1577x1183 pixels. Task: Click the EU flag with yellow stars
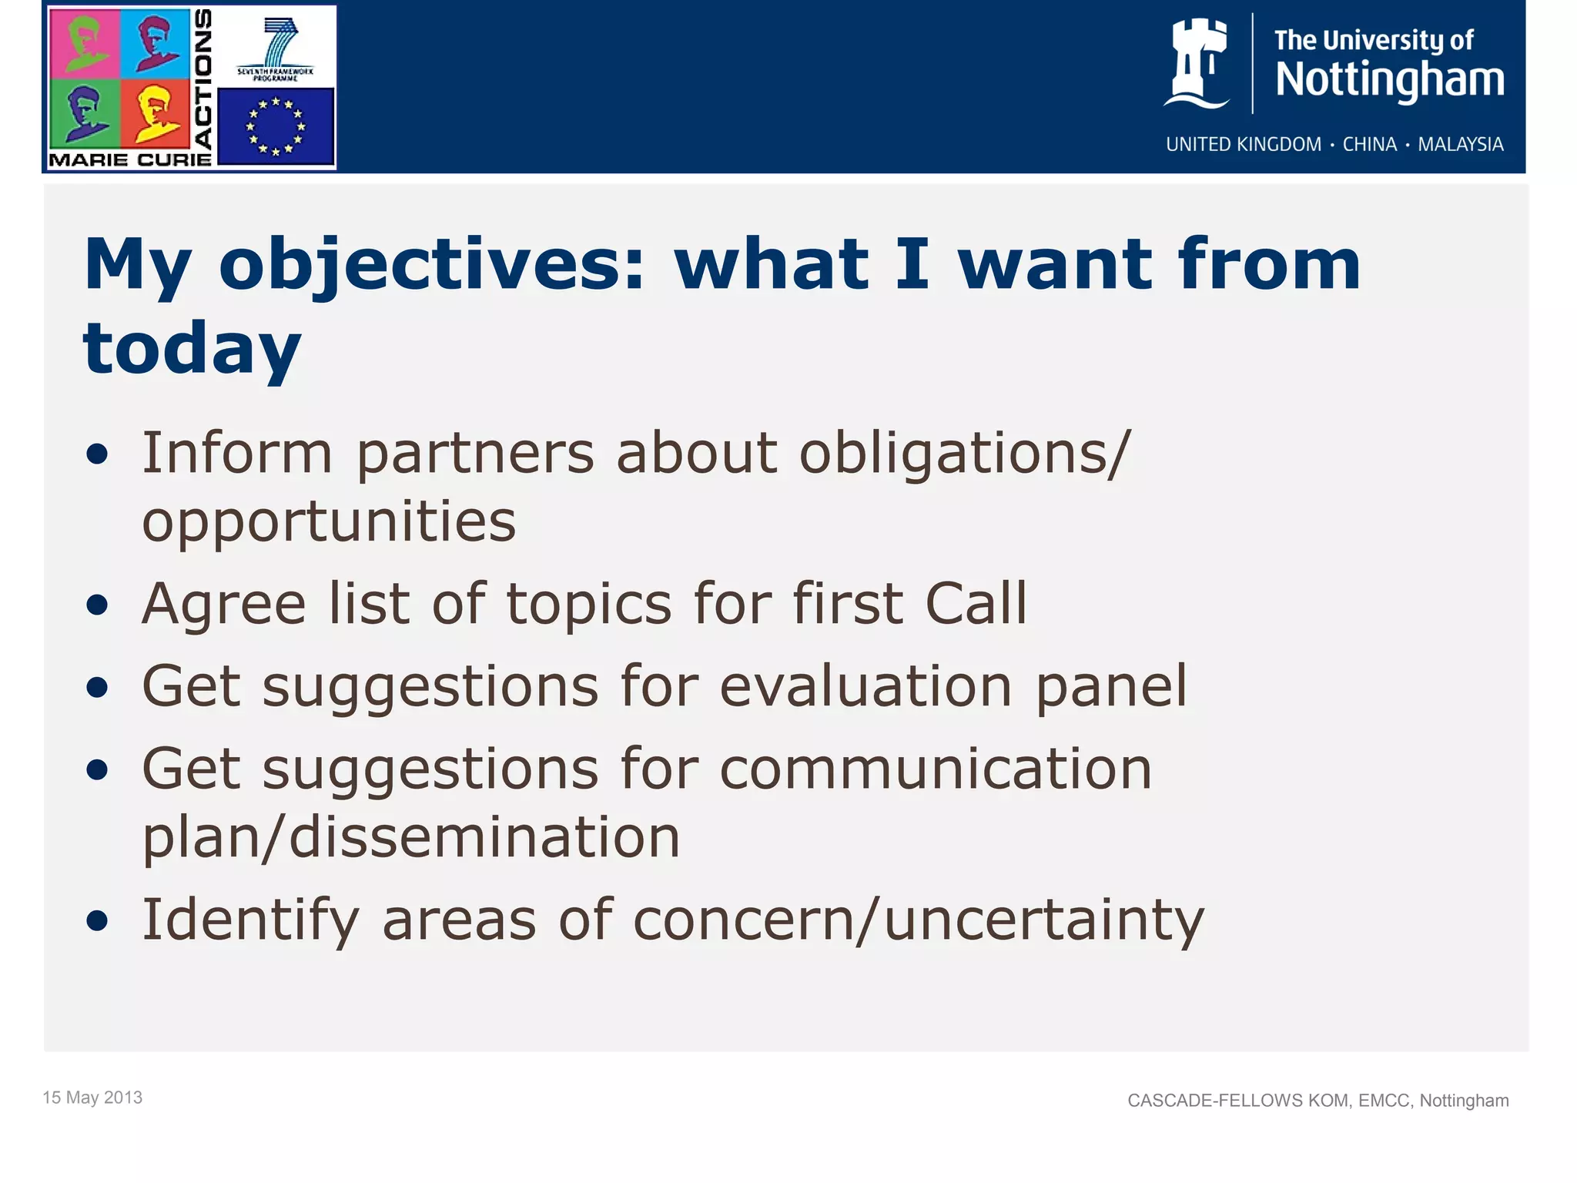coord(276,126)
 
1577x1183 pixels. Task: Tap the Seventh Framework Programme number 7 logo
coord(276,46)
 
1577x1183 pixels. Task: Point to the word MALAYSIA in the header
coord(1460,145)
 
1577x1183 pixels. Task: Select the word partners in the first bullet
coord(475,454)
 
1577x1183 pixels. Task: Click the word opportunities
coord(329,522)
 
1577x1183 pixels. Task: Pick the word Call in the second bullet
coord(976,604)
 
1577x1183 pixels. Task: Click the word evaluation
coord(866,686)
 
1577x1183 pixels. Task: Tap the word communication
coord(935,769)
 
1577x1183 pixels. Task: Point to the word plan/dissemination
coord(411,838)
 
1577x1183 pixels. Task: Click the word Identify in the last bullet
coord(250,921)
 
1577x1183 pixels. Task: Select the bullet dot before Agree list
coord(97,605)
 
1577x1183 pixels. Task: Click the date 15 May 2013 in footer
coord(92,1098)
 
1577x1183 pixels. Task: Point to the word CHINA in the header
coord(1369,145)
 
